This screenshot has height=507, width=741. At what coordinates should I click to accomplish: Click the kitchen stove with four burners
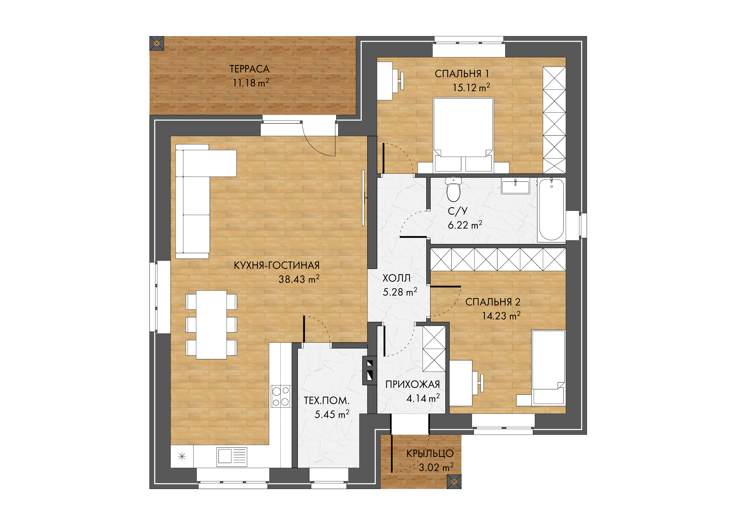click(x=281, y=396)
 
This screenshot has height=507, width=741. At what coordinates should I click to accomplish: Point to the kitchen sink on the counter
click(x=231, y=457)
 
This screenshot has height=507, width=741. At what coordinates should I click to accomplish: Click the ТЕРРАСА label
click(x=249, y=69)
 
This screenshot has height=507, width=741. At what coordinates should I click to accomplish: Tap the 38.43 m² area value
click(x=299, y=279)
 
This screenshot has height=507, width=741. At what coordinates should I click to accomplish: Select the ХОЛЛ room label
click(x=396, y=278)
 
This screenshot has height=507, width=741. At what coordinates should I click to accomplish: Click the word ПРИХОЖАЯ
click(x=413, y=384)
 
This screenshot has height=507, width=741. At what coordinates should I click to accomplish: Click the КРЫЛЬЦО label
click(x=430, y=453)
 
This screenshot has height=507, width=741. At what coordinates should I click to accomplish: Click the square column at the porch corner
click(x=454, y=482)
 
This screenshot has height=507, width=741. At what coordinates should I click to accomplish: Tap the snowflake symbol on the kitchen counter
click(x=182, y=457)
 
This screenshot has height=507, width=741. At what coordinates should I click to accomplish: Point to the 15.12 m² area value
click(x=471, y=87)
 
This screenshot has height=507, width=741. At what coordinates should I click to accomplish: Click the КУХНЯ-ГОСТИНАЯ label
click(x=276, y=265)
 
